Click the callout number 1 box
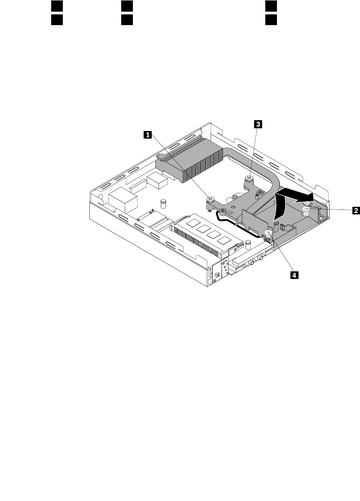pos(147,134)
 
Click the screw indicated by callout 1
pos(209,198)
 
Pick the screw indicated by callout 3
pos(249,180)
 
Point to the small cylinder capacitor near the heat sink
pos(164,204)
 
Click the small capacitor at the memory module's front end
pos(248,245)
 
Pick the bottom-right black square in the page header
pos(270,20)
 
